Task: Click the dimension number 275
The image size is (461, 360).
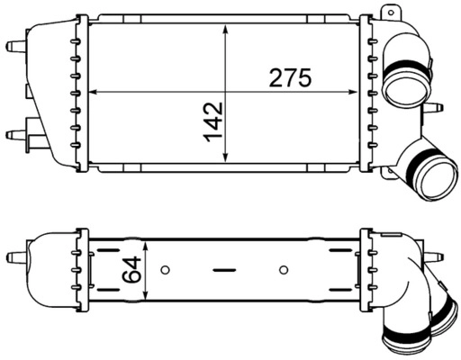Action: coord(290,78)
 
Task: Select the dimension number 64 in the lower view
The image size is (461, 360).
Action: coord(133,269)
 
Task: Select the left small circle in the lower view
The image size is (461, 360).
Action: coord(165,269)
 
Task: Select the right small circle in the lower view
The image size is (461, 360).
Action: coord(284,269)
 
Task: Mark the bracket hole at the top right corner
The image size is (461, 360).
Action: coord(389,13)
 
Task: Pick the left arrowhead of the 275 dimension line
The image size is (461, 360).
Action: coord(95,92)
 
